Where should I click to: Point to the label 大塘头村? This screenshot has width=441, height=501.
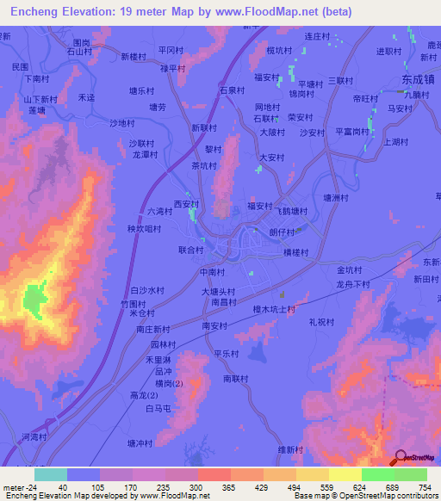[x=219, y=292]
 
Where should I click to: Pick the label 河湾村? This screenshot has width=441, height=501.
[x=34, y=437]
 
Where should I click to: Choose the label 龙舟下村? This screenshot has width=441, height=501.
[x=352, y=283]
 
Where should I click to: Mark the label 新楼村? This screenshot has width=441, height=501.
[x=132, y=56]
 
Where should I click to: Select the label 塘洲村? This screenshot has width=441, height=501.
[x=335, y=197]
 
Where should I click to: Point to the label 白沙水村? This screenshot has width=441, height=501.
[x=146, y=291]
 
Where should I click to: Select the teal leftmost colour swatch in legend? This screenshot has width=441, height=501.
[x=50, y=474]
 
